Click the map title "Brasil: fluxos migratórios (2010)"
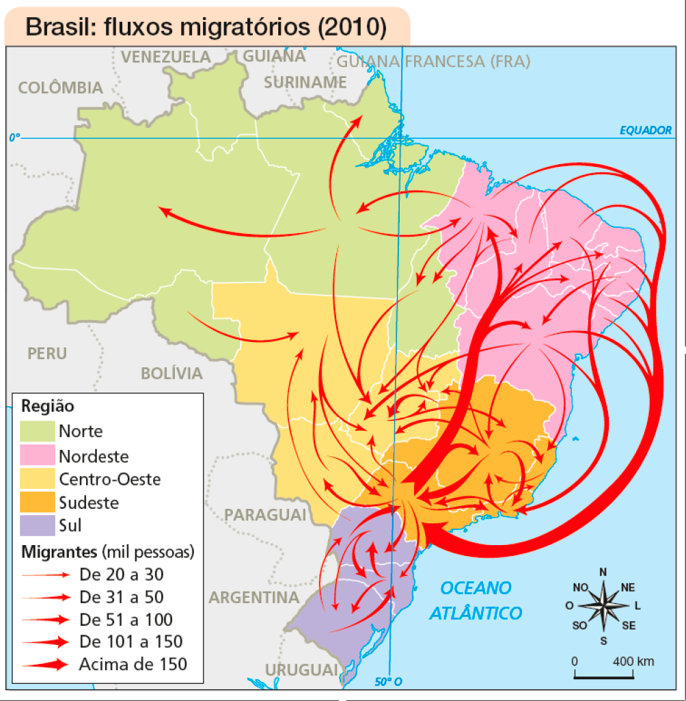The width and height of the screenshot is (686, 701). pyautogui.click(x=206, y=27)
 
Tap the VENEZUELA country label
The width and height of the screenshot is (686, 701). pyautogui.click(x=166, y=57)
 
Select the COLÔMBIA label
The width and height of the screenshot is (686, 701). pyautogui.click(x=60, y=88)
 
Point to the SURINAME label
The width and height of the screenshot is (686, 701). pyautogui.click(x=305, y=82)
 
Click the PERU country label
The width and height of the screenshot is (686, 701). pyautogui.click(x=47, y=354)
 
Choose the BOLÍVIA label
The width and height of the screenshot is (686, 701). pyautogui.click(x=171, y=373)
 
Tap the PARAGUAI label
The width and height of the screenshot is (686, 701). pyautogui.click(x=266, y=514)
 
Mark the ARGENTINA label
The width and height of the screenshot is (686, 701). pyautogui.click(x=253, y=597)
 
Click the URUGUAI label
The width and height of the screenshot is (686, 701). pyautogui.click(x=301, y=668)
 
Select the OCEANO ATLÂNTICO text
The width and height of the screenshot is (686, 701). pyautogui.click(x=476, y=600)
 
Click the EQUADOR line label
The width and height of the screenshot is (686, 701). pyautogui.click(x=646, y=130)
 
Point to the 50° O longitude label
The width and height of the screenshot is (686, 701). pyautogui.click(x=389, y=681)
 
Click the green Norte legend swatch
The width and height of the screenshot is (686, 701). pyautogui.click(x=37, y=431)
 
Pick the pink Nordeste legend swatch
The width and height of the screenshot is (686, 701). pyautogui.click(x=37, y=455)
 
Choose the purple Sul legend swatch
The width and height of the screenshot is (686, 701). pyautogui.click(x=37, y=526)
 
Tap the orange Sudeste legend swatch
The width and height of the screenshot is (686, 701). pyautogui.click(x=37, y=503)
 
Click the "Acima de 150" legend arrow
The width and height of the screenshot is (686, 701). pyautogui.click(x=45, y=663)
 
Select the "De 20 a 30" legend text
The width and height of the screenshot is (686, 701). pyautogui.click(x=122, y=574)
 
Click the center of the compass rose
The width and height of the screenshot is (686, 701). pyautogui.click(x=603, y=605)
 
